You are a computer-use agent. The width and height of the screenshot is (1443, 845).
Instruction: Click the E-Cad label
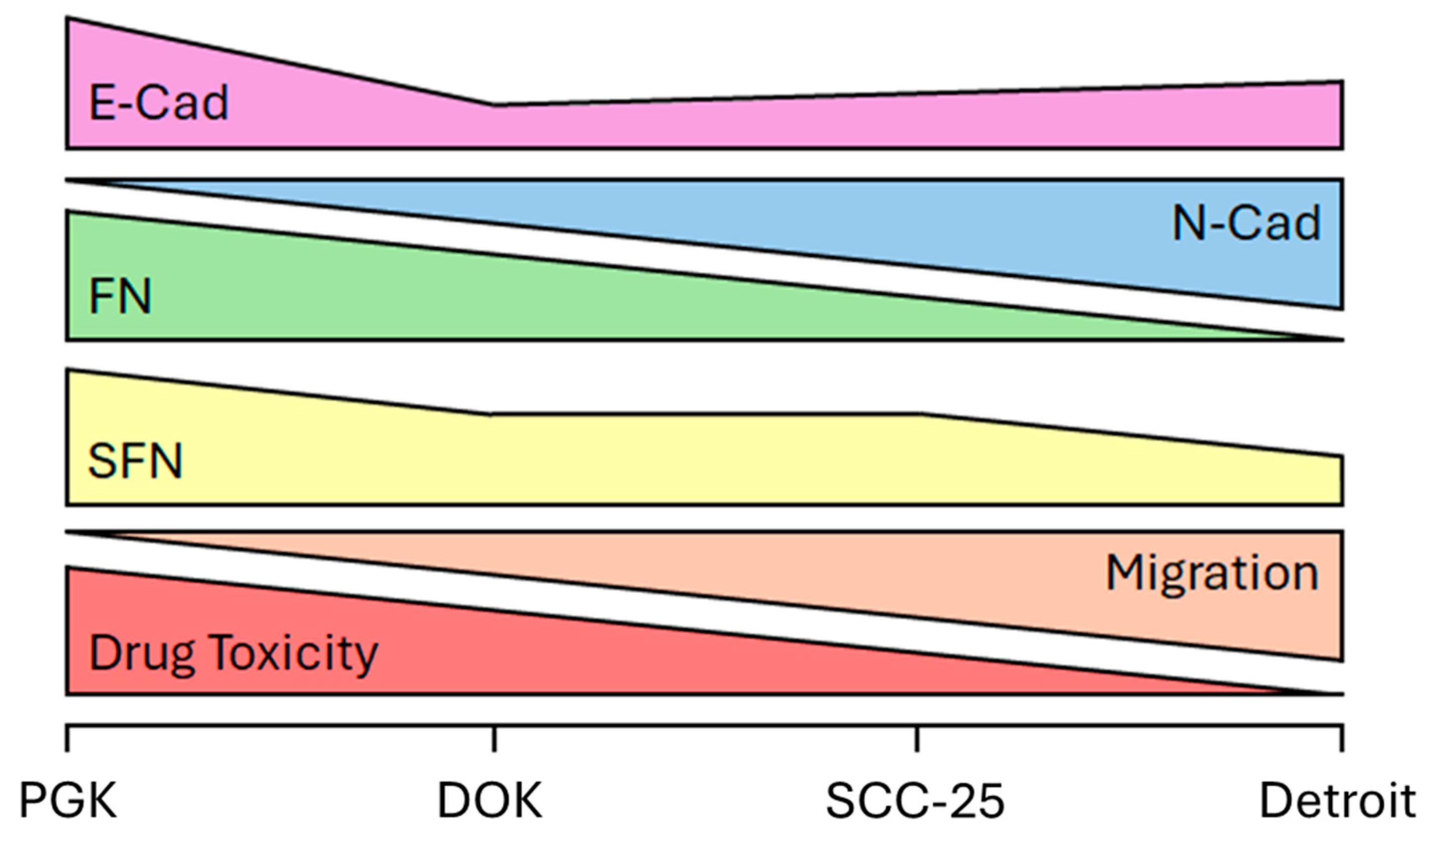point(159,103)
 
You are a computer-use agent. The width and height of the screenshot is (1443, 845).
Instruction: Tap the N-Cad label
point(1246,223)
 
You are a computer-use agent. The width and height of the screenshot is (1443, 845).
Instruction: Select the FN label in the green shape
point(120,297)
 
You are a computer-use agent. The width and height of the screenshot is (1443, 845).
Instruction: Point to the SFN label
point(135,461)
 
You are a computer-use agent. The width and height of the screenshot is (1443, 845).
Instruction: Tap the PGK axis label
point(68,801)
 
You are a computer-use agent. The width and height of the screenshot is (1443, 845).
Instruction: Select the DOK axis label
point(490,801)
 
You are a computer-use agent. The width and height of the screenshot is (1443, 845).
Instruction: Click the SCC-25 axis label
point(915,801)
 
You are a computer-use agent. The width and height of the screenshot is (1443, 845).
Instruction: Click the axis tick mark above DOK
point(494,739)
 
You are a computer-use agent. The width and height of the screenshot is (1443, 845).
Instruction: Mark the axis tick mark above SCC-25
point(917,739)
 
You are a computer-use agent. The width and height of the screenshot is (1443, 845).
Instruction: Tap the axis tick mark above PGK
point(68,739)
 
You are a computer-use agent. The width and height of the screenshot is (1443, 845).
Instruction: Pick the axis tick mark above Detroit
point(1342,739)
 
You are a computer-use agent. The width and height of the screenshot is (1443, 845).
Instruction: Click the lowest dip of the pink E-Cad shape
point(494,105)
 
